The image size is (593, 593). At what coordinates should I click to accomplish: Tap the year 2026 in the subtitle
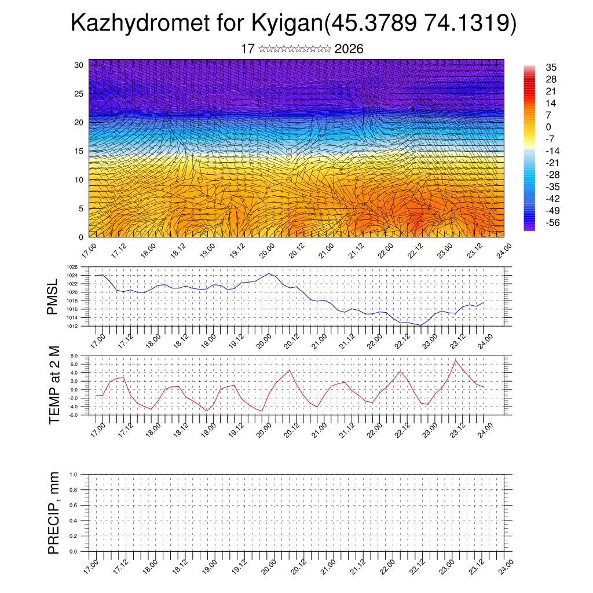(x=349, y=49)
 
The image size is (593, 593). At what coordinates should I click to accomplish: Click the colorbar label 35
(x=551, y=67)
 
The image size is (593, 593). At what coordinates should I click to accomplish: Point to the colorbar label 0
(x=548, y=127)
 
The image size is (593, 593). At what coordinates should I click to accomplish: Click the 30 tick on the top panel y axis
(x=79, y=65)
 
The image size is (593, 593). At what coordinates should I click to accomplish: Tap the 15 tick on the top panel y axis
(x=79, y=151)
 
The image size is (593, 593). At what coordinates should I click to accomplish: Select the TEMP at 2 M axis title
(x=54, y=385)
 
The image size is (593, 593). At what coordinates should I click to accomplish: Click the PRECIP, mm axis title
(x=54, y=513)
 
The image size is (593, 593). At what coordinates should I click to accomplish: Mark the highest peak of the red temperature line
(x=455, y=360)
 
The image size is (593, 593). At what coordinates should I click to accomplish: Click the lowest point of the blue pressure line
(x=420, y=325)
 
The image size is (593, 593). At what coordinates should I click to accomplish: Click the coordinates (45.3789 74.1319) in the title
(x=419, y=23)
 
